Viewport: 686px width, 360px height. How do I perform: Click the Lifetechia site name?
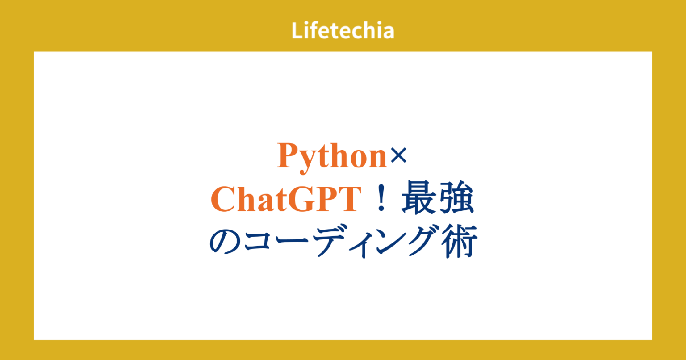[343, 31]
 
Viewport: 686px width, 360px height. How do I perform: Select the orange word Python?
[332, 156]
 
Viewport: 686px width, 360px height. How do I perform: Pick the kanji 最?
[418, 200]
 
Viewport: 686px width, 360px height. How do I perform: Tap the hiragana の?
[226, 242]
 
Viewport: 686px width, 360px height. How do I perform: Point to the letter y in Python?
[307, 160]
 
